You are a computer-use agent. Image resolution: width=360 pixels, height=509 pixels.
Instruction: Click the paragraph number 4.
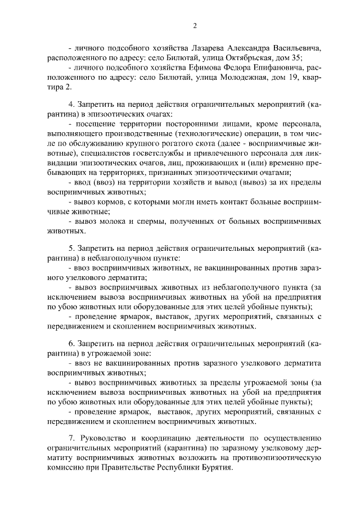click(71, 105)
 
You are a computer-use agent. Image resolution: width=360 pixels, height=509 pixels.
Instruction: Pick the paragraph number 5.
click(71, 249)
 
